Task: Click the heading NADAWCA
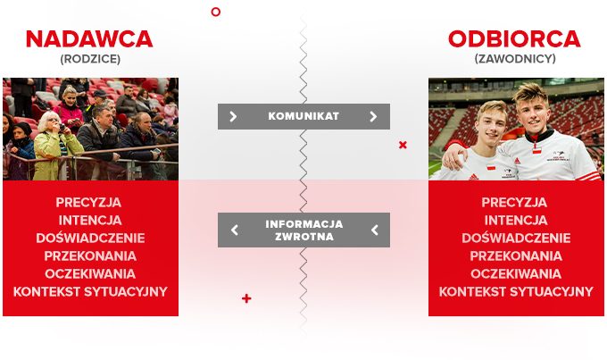coord(89,39)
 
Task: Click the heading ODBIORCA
coord(514,39)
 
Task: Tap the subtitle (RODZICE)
coord(89,59)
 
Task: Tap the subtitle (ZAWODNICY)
coord(515,59)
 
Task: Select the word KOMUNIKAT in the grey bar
coord(303,116)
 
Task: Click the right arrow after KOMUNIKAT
coord(373,116)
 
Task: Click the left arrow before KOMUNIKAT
coord(234,116)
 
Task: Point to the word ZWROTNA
coord(303,237)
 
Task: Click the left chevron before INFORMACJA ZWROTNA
coord(235,230)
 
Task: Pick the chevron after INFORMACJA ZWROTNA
coord(374,230)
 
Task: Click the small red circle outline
coord(215,12)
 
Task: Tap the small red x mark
coord(403,145)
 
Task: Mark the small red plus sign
coord(246,298)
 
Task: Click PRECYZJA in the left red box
coord(89,202)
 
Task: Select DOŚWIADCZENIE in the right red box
coord(516,238)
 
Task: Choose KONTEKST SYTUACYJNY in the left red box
coord(90,291)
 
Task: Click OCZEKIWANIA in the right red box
coord(516,273)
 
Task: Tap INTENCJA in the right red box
coord(516,220)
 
